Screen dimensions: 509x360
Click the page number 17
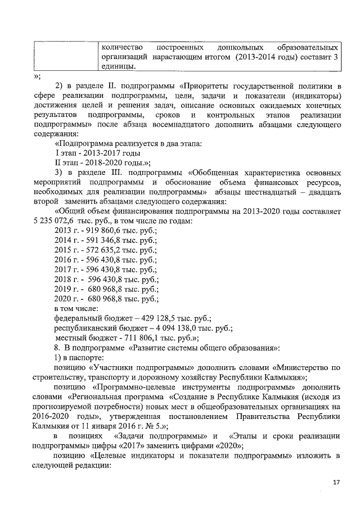pyautogui.click(x=336, y=483)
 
